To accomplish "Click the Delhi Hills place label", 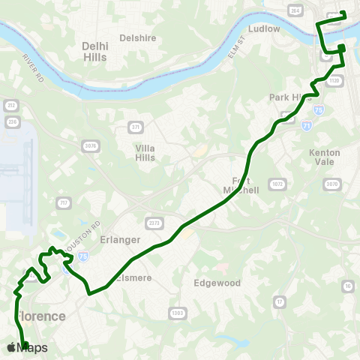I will coord(94,51).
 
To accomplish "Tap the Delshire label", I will coord(137,37).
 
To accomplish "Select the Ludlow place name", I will coord(263,28).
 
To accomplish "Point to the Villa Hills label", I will coord(145,153).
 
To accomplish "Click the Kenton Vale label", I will coord(325,157).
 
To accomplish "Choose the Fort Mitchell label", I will coord(241,185).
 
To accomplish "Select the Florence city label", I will coord(41,316).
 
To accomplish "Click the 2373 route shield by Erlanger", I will coord(154,223).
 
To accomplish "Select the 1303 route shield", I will coord(177,313).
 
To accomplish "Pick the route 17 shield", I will coord(280,301).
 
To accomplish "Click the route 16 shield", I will coord(347,286).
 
